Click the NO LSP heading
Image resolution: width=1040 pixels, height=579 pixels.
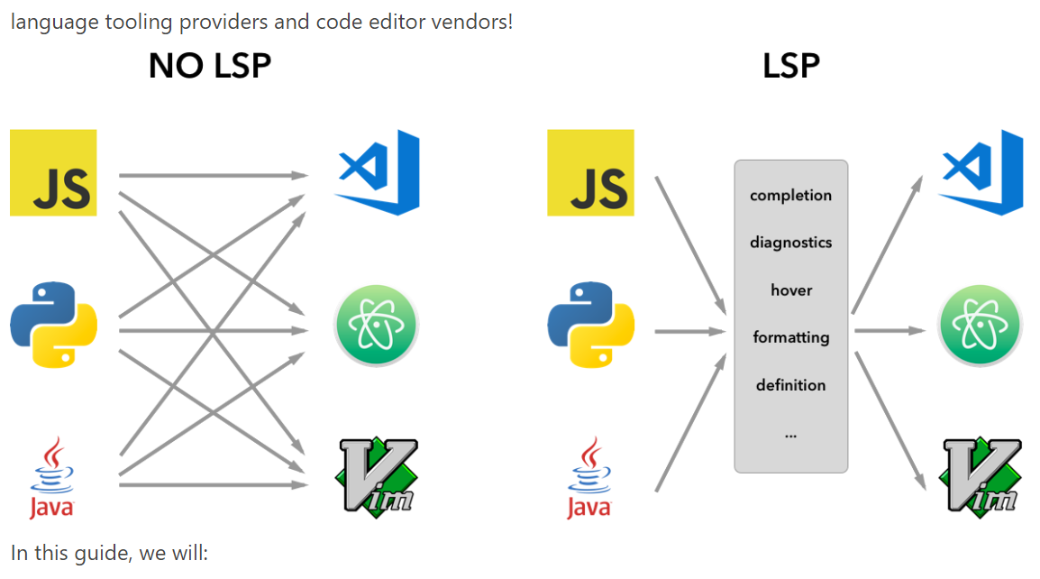209,67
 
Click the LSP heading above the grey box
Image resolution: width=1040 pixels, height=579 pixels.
790,67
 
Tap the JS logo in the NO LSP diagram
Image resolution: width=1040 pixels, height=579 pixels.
53,173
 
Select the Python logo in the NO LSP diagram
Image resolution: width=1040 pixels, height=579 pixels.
53,325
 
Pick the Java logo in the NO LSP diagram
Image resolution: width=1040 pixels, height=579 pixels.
51,478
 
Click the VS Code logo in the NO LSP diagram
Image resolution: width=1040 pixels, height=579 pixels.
379,172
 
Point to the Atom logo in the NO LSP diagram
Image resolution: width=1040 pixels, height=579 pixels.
377,325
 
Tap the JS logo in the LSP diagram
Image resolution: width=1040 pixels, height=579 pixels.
590,173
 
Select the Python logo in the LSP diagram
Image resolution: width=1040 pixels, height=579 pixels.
590,325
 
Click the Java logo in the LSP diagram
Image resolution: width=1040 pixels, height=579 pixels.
588,478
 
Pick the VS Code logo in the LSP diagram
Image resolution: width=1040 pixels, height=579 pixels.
981,172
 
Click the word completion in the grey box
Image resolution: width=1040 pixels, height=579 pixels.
790,196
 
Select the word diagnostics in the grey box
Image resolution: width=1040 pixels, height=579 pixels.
790,243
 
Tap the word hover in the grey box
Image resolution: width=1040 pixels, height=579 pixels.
790,290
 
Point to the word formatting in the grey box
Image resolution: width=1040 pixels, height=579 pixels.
790,337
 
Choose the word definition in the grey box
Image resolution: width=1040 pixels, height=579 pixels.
790,385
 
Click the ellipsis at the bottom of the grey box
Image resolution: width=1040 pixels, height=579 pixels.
790,435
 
